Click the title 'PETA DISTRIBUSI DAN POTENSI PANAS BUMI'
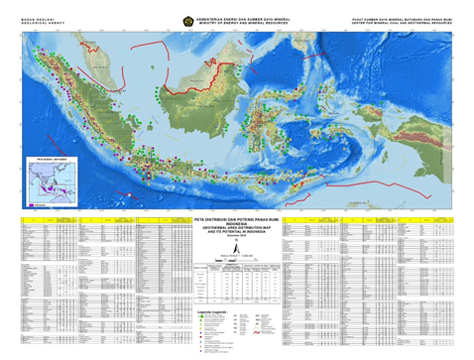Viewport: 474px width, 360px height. [x=237, y=217]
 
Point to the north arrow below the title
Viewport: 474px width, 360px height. [x=237, y=243]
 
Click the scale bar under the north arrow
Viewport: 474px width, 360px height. [x=237, y=256]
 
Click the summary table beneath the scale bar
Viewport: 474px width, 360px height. [x=237, y=283]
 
